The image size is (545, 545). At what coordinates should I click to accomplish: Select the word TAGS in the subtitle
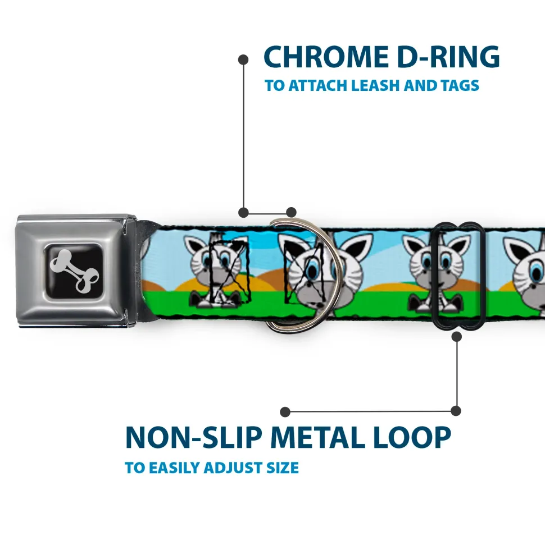coord(458,86)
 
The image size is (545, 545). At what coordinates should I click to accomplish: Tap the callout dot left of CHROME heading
coord(243,58)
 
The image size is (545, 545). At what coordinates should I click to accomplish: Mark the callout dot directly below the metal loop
coord(456,336)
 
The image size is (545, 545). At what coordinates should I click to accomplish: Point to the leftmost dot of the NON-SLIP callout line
coord(285,412)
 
